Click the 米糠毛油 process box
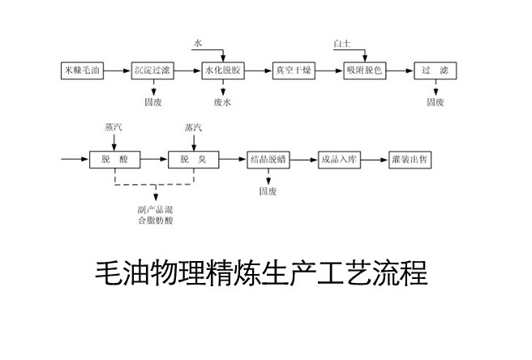point(82,70)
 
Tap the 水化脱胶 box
point(223,70)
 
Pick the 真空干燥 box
point(294,70)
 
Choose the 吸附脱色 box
point(364,70)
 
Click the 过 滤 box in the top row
point(435,70)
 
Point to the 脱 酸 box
point(109,160)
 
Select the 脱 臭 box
point(190,160)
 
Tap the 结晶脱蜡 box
point(268,160)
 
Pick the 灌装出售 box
point(410,160)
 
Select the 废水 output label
point(223,103)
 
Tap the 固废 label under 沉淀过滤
point(152,103)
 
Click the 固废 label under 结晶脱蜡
point(268,192)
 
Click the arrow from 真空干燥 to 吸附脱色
point(328,70)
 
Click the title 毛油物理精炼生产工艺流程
point(260,273)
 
